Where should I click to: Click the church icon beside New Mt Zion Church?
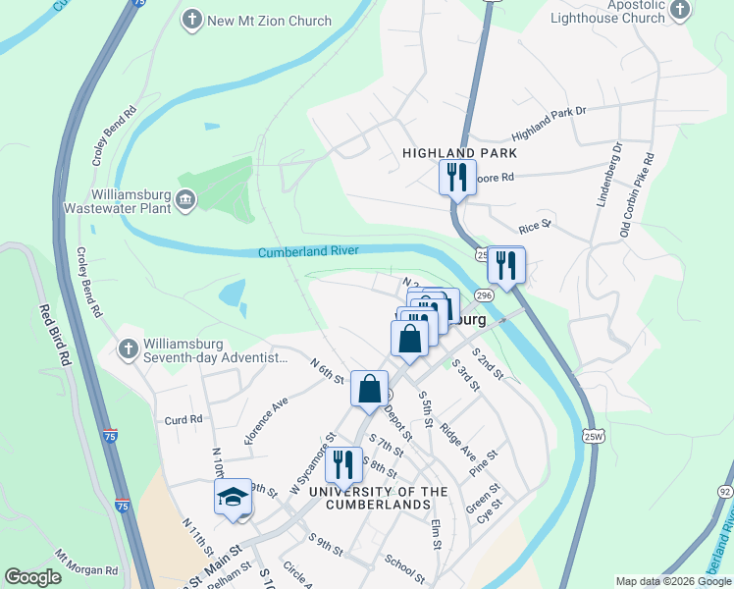192,19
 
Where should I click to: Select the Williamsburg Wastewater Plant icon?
185,201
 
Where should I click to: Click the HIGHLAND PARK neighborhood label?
459,154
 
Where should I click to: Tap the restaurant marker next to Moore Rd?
456,178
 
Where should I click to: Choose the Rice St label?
536,227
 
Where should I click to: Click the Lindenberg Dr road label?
610,176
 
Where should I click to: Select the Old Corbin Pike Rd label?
636,195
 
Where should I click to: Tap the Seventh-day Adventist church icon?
127,349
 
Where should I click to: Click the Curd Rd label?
183,419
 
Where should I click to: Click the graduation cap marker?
234,497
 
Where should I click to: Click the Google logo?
32,577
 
